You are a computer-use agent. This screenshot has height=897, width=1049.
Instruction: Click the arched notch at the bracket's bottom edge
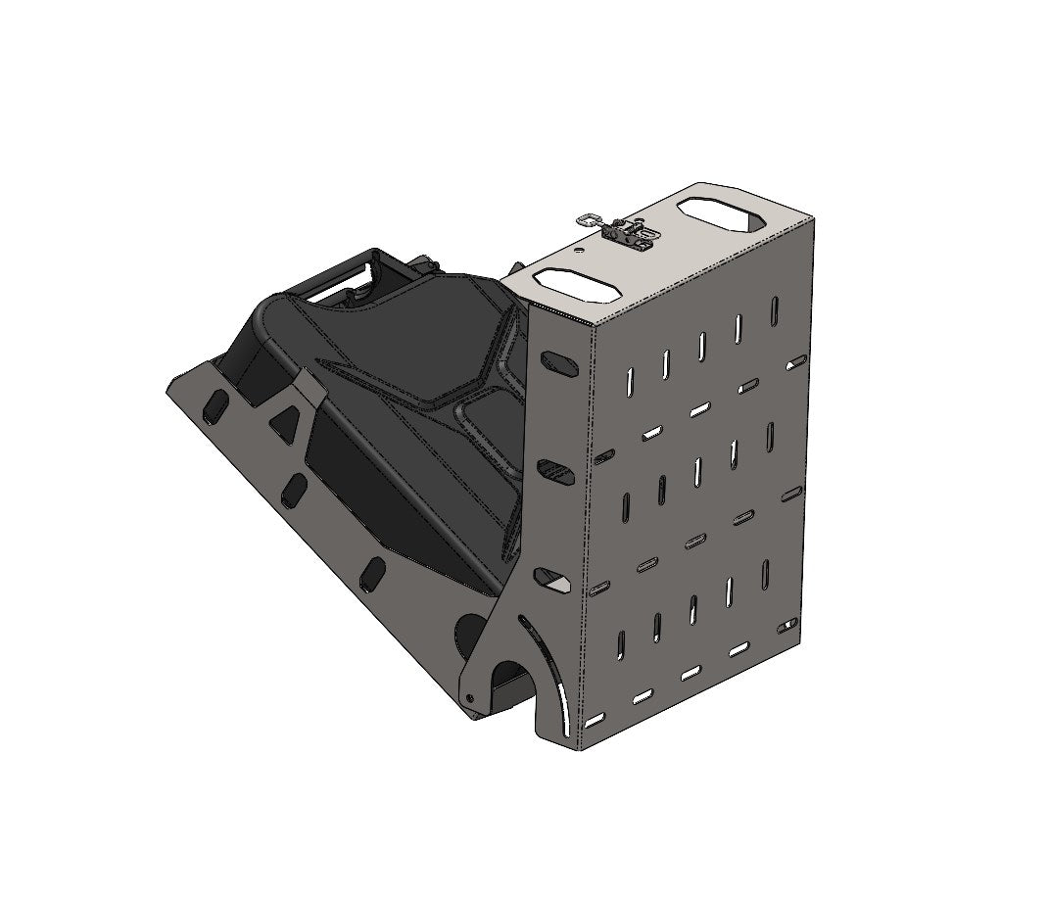(x=510, y=685)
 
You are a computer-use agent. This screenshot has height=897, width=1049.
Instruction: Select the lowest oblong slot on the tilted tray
(x=371, y=574)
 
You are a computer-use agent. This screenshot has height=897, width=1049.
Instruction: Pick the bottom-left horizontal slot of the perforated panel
(x=594, y=721)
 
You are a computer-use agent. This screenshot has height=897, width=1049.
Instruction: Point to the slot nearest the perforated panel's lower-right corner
(x=783, y=627)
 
